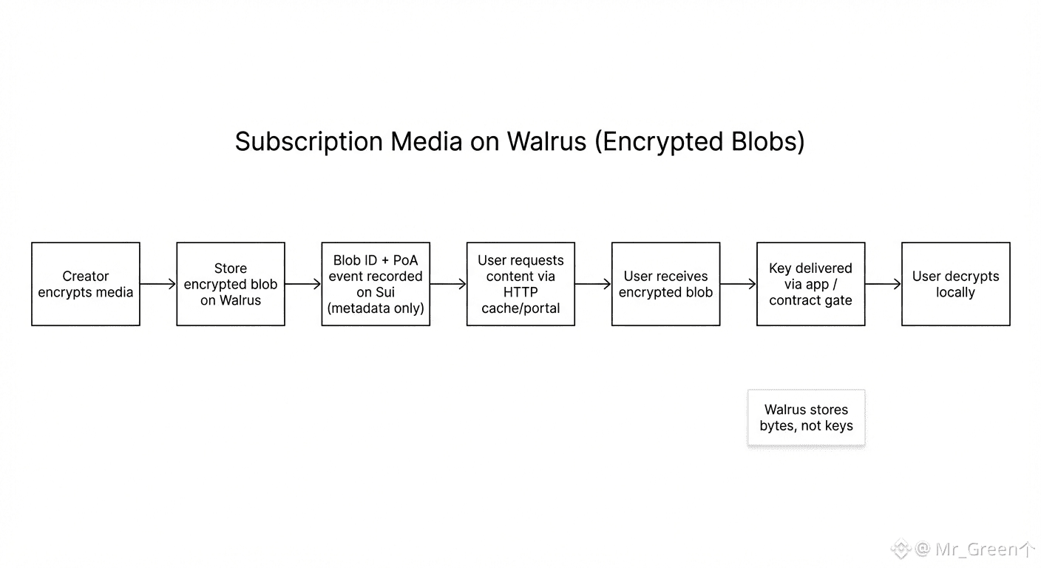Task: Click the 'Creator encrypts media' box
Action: coord(86,284)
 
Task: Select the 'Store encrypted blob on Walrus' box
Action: coord(231,284)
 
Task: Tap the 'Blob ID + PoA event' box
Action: coord(376,284)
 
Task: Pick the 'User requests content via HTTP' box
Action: coord(520,284)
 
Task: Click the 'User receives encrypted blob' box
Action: coord(665,284)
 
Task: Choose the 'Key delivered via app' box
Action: coord(810,284)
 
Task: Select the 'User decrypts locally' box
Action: coord(955,284)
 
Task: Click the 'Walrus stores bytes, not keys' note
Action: coord(806,418)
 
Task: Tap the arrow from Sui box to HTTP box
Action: coord(448,284)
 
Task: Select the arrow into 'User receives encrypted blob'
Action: coord(593,284)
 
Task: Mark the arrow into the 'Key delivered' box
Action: coord(738,284)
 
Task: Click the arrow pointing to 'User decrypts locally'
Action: coord(883,284)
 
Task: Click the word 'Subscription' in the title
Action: coord(310,141)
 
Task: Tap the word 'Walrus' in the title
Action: coord(546,141)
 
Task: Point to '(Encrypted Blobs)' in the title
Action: coord(699,141)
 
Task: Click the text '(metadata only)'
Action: coord(376,308)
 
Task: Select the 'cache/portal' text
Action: coord(520,308)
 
